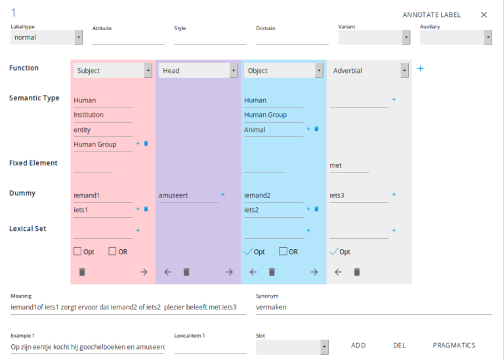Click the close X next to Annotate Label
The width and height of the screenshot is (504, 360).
click(484, 14)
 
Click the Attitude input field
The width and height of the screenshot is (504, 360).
click(128, 38)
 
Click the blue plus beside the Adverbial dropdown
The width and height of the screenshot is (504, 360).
click(421, 68)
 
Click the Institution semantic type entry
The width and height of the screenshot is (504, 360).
click(102, 115)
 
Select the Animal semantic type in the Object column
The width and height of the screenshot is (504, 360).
click(273, 130)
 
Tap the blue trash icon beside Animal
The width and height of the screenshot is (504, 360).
click(316, 129)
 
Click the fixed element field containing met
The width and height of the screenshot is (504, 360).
click(348, 166)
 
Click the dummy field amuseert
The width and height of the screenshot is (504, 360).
click(188, 195)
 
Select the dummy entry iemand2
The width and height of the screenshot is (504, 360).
click(273, 195)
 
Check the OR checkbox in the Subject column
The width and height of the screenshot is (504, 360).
click(112, 251)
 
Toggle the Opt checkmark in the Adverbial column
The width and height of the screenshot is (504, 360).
click(334, 251)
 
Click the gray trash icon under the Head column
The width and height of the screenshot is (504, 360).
click(186, 271)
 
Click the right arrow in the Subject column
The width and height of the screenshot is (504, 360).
click(144, 271)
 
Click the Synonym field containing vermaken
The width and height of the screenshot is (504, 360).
click(373, 307)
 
